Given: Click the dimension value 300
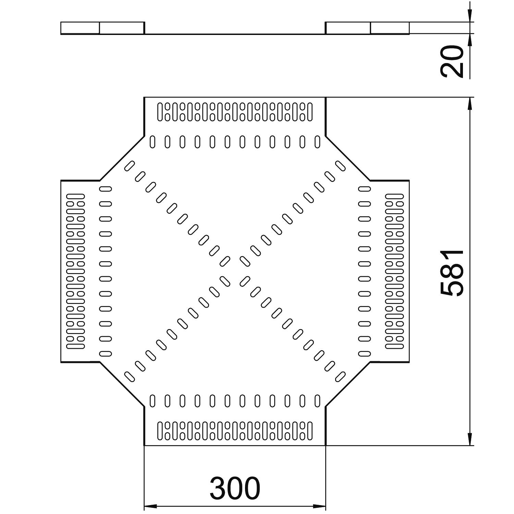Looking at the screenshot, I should point(235,488).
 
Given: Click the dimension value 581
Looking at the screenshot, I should point(452,273).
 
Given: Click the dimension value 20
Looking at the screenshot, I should point(452,62).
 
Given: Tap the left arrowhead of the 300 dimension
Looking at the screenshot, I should point(150,506).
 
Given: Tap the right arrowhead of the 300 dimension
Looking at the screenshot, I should point(319,506).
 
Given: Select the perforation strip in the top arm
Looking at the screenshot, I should point(235,112).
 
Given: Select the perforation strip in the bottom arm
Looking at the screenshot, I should point(235,431).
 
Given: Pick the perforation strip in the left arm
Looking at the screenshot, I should point(76,271).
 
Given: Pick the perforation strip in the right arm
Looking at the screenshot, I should point(394,271).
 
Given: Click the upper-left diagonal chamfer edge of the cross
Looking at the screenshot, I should point(122,158).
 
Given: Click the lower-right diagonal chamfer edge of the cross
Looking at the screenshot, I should point(348,384).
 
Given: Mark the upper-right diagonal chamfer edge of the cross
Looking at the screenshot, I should point(348,158).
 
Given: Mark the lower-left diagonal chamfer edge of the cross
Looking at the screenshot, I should point(122,384).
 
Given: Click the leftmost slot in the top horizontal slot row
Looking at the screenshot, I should point(152,142).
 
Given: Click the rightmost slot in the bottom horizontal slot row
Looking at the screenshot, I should point(317,401).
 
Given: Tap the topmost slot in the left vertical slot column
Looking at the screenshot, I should point(106,188).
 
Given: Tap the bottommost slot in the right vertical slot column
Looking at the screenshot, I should point(365,353).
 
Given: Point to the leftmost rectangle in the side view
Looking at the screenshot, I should point(80,28).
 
